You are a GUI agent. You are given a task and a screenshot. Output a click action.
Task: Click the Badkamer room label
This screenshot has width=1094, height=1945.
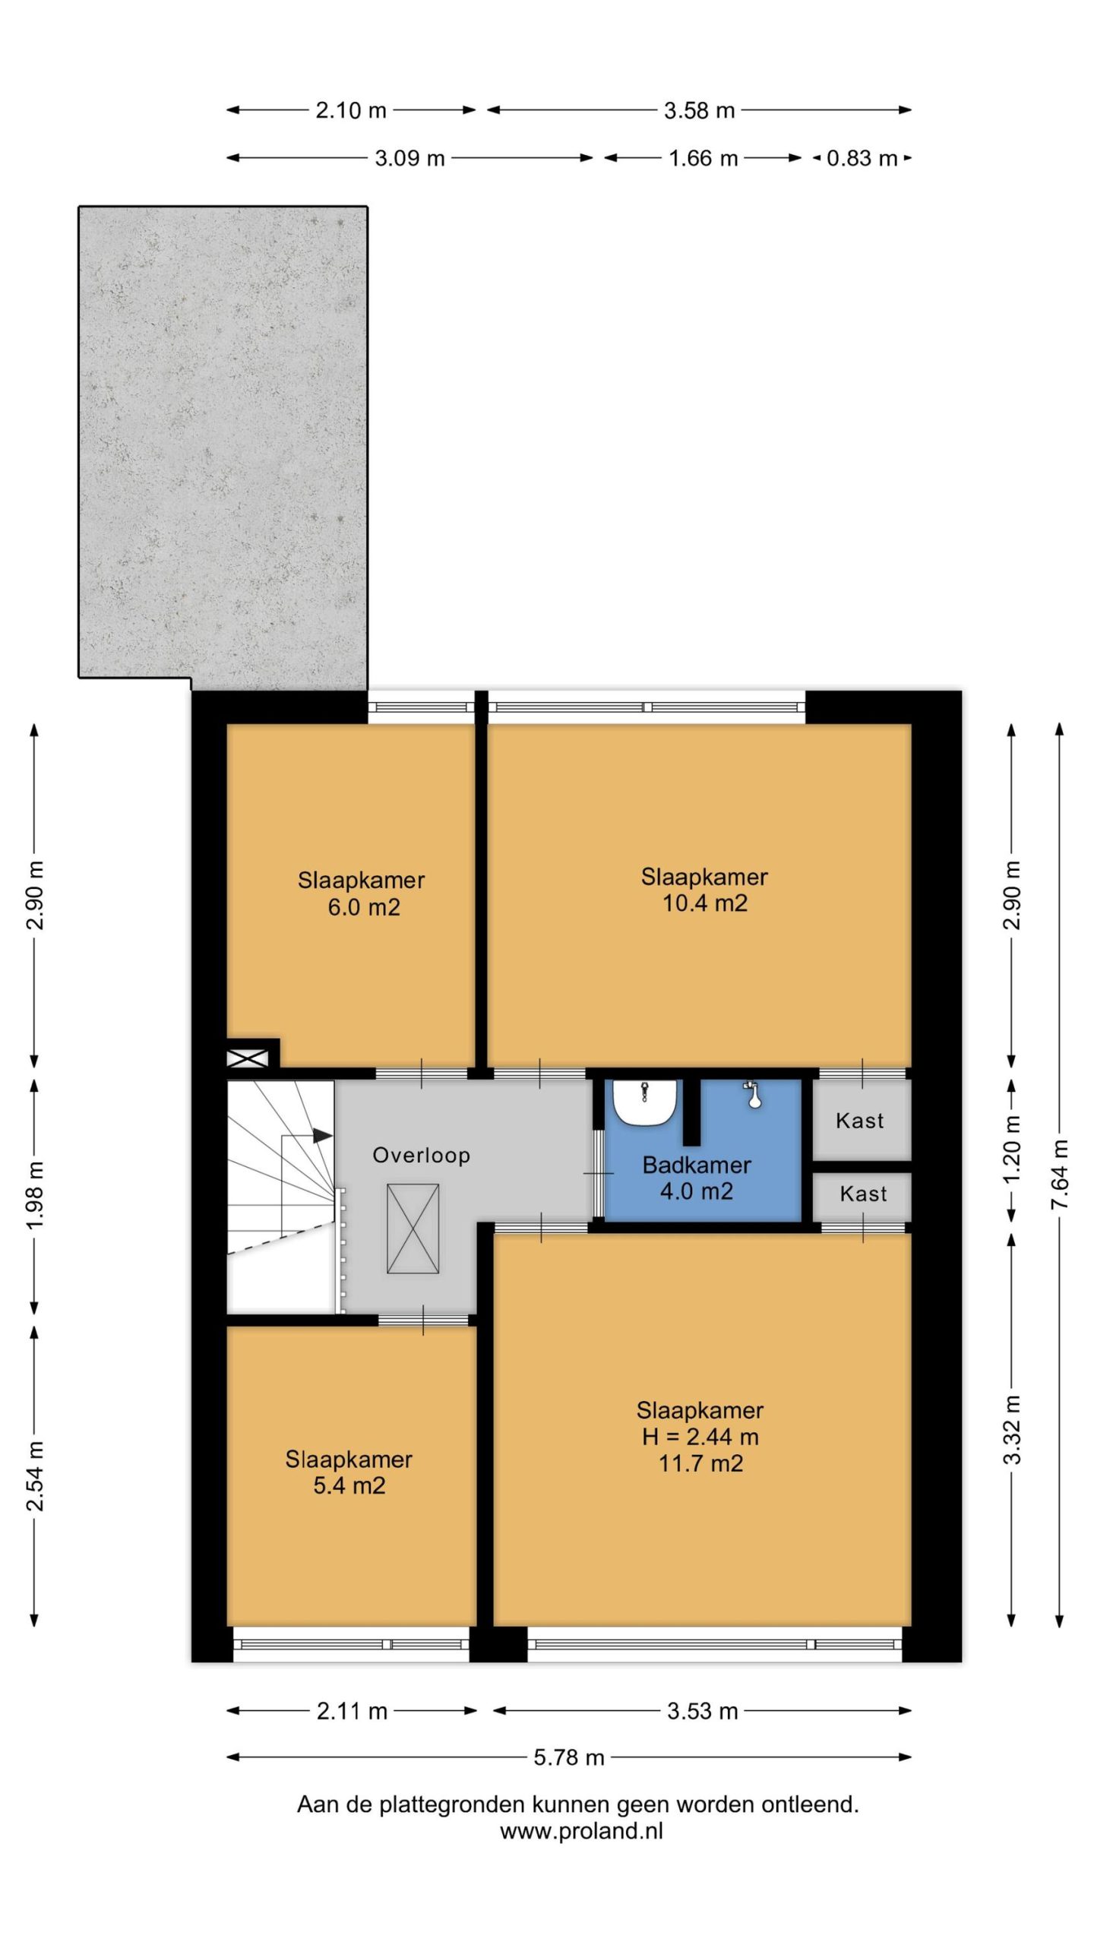pos(697,1165)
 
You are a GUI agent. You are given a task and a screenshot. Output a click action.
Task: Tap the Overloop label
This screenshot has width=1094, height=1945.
pos(422,1155)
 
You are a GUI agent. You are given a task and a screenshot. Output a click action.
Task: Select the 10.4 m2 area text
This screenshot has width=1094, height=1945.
pos(705,903)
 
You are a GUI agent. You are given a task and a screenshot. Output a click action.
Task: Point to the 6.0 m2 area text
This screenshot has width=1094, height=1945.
pos(364,907)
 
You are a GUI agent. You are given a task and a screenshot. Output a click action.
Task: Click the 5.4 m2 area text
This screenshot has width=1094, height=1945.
pos(349,1485)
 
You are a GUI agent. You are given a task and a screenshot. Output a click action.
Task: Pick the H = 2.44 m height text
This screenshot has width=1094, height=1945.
pos(700,1437)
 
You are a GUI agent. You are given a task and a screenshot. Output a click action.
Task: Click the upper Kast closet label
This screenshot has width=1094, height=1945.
pos(860,1121)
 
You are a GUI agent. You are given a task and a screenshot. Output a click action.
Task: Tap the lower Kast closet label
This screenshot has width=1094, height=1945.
pos(864,1194)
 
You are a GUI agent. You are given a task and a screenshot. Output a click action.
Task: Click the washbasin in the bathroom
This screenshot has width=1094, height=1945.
pos(645,1102)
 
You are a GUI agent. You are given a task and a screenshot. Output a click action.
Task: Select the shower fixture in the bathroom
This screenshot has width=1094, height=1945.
pos(753,1094)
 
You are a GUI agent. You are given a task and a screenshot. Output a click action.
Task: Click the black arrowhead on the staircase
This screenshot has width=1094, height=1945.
pos(323,1136)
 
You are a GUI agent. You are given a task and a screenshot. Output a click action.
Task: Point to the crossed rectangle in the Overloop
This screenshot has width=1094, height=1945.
pos(413,1229)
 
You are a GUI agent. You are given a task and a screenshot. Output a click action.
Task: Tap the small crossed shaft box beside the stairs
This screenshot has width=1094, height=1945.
pos(248,1058)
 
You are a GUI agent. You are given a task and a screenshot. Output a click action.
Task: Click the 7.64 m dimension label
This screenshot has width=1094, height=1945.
pos(1060,1175)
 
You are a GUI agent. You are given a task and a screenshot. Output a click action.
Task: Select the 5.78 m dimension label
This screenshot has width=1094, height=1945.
pos(569,1757)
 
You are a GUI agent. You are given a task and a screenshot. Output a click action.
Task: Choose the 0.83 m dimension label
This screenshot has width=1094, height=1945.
pos(862,158)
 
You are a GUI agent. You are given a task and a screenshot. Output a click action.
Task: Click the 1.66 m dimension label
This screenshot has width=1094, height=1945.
pos(704,158)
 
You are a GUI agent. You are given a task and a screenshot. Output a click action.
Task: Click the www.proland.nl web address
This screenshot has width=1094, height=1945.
pos(582,1831)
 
